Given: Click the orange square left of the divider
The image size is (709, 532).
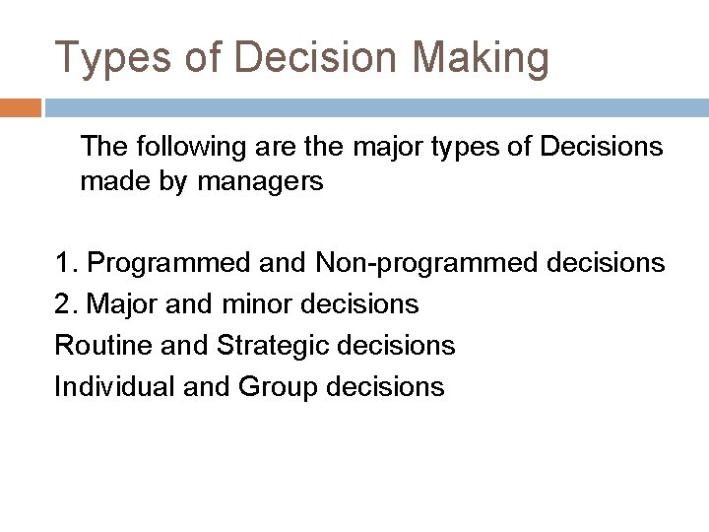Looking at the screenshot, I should coord(21,106).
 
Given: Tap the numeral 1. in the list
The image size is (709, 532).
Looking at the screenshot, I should coord(67,263).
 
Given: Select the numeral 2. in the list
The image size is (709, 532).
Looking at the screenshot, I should coord(67,304).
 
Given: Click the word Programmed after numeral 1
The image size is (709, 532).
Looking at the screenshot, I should coord(168,263).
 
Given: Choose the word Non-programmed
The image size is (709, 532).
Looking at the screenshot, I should coord(414,263).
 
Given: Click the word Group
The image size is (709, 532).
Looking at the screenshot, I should coord(280,387).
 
